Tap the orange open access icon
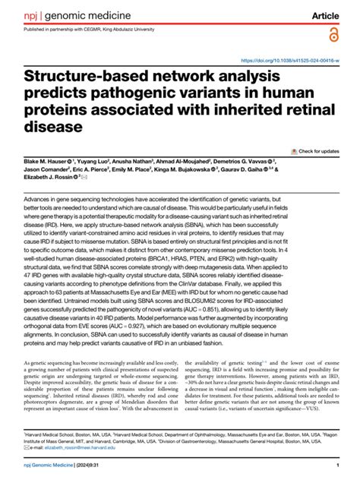(x=333, y=34)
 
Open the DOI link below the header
(x=289, y=60)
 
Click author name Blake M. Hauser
(x=47, y=162)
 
